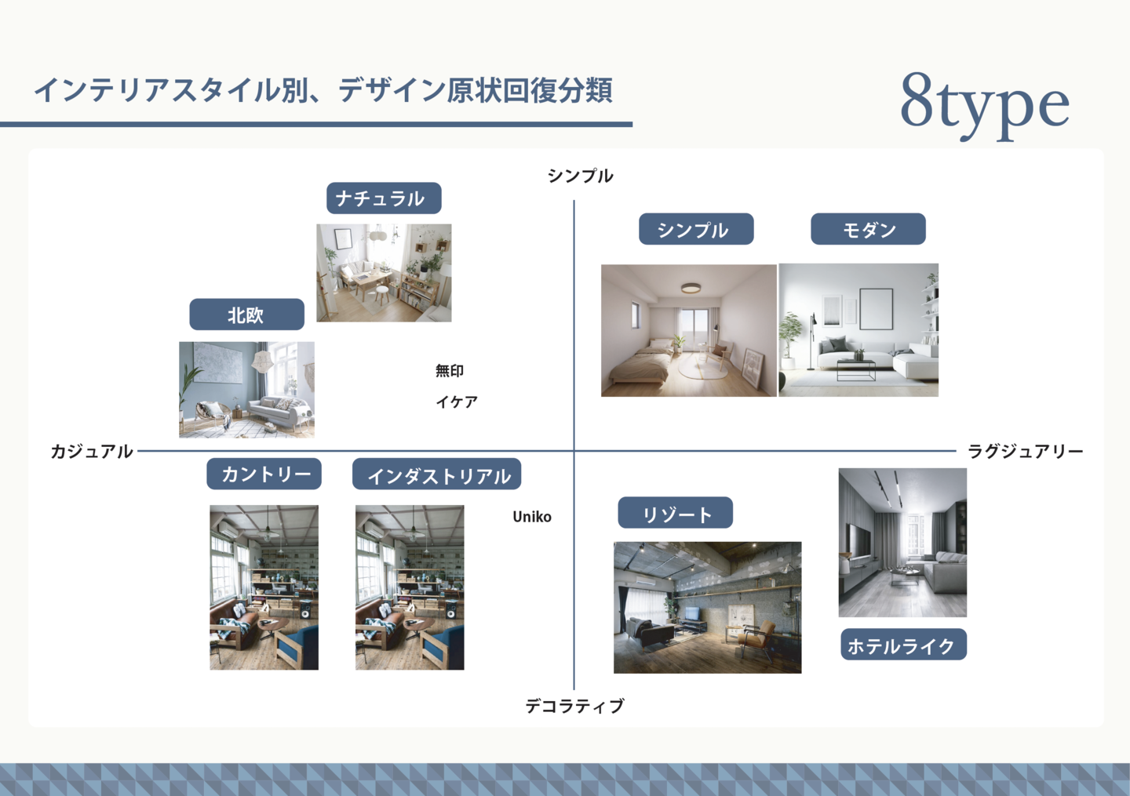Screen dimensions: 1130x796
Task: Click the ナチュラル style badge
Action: click(x=384, y=198)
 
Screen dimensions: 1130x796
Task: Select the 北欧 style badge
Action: click(x=246, y=314)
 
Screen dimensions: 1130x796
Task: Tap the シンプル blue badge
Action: click(x=696, y=229)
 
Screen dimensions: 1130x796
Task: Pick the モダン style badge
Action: click(x=868, y=229)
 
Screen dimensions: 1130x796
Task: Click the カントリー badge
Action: click(x=264, y=474)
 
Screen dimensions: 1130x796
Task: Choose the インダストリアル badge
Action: click(x=437, y=474)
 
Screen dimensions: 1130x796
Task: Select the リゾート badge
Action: click(x=676, y=513)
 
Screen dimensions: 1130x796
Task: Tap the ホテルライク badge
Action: click(x=903, y=645)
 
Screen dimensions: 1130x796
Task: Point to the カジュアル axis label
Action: click(x=92, y=451)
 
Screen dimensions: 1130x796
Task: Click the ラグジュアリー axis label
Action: click(x=1025, y=451)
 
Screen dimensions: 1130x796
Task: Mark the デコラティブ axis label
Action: click(x=574, y=706)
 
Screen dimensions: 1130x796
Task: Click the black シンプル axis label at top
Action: click(x=581, y=176)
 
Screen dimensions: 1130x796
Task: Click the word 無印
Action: click(x=450, y=371)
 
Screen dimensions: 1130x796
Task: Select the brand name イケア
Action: click(x=457, y=402)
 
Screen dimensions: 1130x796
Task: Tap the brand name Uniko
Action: click(x=532, y=517)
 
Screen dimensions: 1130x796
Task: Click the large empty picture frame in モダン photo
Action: click(x=877, y=308)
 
